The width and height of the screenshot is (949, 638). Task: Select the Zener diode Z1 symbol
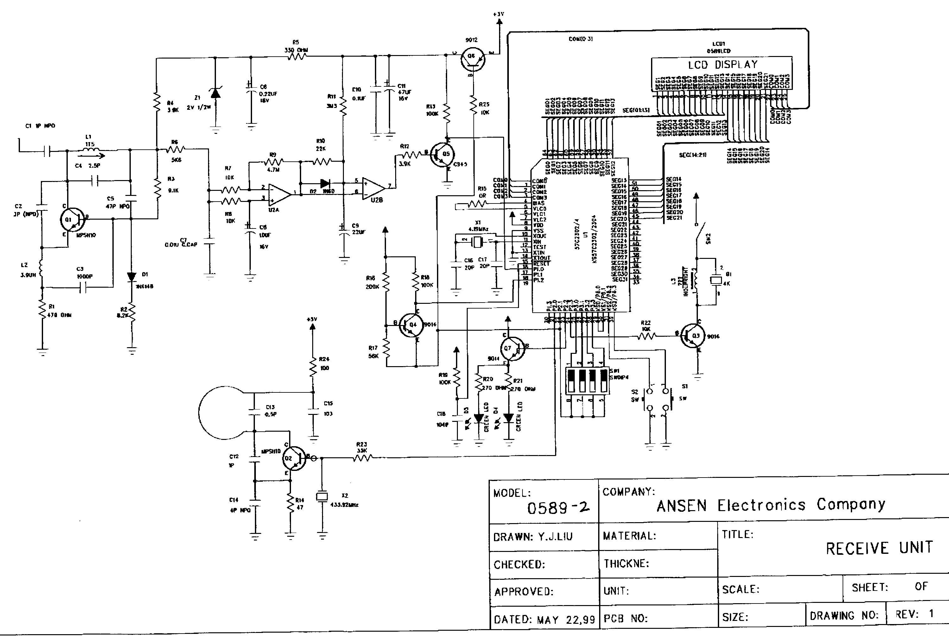[215, 93]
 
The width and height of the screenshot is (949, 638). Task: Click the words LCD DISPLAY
[723, 65]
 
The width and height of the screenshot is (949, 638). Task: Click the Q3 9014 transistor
[694, 336]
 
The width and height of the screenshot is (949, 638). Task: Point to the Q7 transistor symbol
[512, 349]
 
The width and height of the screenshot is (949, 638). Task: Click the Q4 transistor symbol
[410, 325]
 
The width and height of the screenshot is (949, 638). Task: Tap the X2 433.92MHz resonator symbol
[322, 497]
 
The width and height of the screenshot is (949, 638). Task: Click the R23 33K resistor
[362, 458]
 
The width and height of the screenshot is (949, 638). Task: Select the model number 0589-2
[558, 508]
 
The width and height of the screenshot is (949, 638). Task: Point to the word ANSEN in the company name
[681, 506]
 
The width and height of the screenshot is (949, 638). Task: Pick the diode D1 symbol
[131, 277]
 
